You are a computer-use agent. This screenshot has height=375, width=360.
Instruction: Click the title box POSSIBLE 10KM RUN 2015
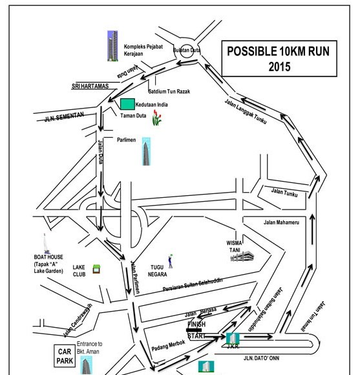[x=279, y=59]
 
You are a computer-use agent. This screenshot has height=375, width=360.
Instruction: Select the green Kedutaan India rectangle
[x=127, y=104]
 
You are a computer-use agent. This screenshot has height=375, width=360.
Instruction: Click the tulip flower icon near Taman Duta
[x=156, y=118]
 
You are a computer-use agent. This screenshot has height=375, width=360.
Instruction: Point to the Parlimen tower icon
[x=146, y=151]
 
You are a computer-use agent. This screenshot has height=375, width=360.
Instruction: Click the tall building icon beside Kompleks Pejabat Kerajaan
[x=112, y=46]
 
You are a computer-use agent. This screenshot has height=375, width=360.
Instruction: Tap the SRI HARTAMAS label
[x=90, y=86]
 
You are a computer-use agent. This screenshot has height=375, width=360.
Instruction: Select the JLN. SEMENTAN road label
[x=64, y=117]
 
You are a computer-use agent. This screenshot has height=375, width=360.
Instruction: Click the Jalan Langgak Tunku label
[x=246, y=111]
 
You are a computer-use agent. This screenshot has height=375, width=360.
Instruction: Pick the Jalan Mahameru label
[x=281, y=222]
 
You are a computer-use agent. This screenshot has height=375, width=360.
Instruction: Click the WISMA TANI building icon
[x=242, y=256]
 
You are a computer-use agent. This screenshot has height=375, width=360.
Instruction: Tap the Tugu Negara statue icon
[x=171, y=261]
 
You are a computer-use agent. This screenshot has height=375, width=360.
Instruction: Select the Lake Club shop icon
[x=96, y=269]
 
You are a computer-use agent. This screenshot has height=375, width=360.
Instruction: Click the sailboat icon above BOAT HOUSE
[x=46, y=244]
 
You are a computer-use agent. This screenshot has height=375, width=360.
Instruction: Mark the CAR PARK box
[x=65, y=356]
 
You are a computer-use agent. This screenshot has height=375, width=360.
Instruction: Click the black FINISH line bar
[x=194, y=330]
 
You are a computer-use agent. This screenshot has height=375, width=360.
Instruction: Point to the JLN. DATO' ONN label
[x=261, y=358]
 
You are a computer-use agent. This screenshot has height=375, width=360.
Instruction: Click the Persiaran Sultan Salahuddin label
[x=193, y=284]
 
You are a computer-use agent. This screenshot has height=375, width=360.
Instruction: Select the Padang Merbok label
[x=168, y=345]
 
